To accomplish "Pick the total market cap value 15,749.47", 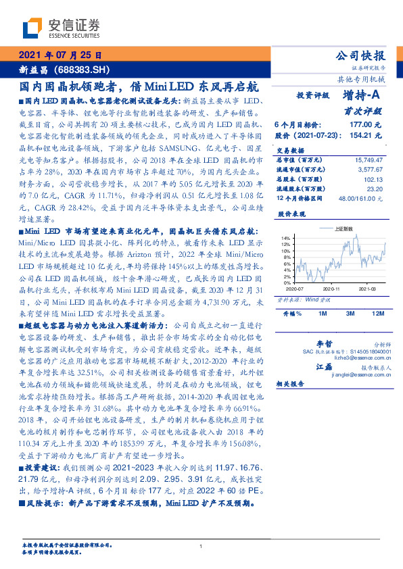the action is pyautogui.click(x=369, y=160).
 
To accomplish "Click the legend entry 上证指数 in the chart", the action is pyautogui.click(x=344, y=230).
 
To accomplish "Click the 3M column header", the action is pyautogui.click(x=350, y=314).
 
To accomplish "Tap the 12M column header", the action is pyautogui.click(x=377, y=314).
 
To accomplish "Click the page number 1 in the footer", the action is pyautogui.click(x=201, y=547).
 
